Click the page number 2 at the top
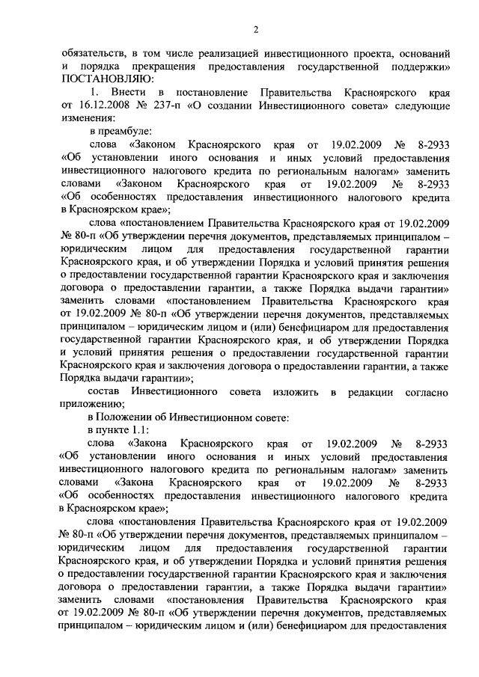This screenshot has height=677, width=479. [x=256, y=30]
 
